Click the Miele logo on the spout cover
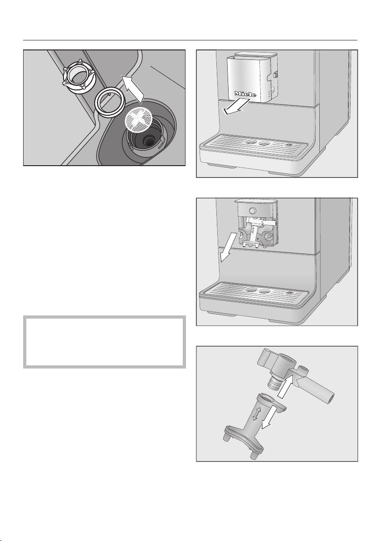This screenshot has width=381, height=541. click(245, 94)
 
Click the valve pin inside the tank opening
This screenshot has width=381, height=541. click(149, 140)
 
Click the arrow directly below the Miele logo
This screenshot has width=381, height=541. click(234, 107)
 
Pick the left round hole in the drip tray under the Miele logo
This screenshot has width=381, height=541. click(250, 143)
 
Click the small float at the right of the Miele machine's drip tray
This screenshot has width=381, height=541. click(289, 145)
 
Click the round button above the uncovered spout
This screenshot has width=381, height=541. click(253, 211)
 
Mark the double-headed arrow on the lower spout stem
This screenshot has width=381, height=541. click(256, 413)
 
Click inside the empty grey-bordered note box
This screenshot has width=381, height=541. click(104, 342)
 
